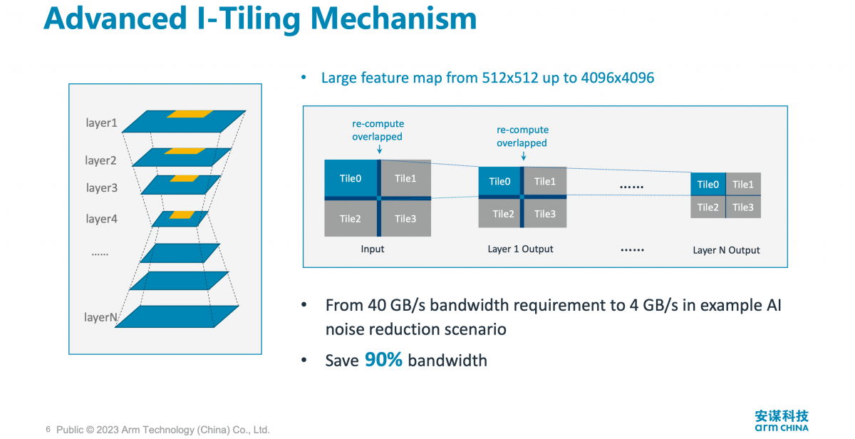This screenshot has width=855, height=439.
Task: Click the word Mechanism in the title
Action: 393,19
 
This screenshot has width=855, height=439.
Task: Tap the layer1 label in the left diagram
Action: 101,123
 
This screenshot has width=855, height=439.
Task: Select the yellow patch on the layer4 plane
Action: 182,215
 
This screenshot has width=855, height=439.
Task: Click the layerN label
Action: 100,317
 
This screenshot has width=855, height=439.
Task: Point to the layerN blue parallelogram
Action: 177,316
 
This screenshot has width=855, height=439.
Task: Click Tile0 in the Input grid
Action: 351,178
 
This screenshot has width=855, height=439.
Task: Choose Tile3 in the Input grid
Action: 405,219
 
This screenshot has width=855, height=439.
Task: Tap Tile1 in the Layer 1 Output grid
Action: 544,181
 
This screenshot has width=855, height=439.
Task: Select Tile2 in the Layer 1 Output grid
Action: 503,214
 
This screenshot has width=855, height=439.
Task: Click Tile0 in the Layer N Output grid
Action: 708,185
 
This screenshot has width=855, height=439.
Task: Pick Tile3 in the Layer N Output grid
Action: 743,207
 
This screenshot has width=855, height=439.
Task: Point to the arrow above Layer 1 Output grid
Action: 524,155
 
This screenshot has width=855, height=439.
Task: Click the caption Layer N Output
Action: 726,250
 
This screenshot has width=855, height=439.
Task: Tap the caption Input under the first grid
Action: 373,249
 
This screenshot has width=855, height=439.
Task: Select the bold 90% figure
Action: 383,360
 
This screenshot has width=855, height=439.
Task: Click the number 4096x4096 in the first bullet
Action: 618,78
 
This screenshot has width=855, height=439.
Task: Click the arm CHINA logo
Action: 782,420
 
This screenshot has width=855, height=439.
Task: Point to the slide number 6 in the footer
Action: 48,429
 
